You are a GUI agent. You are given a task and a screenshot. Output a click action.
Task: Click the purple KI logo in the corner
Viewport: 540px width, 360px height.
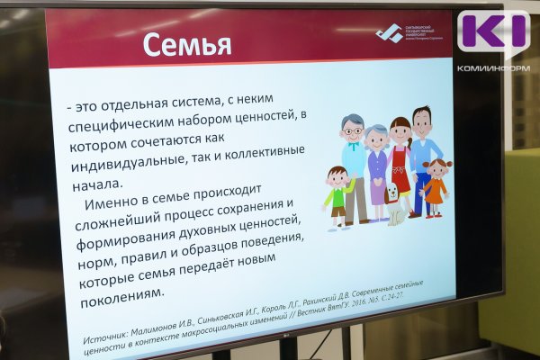[x=492, y=32]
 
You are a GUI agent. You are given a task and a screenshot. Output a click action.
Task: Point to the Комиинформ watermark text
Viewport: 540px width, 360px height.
[x=492, y=67]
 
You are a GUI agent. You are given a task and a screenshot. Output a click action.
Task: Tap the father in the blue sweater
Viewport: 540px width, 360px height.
[x=424, y=153]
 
